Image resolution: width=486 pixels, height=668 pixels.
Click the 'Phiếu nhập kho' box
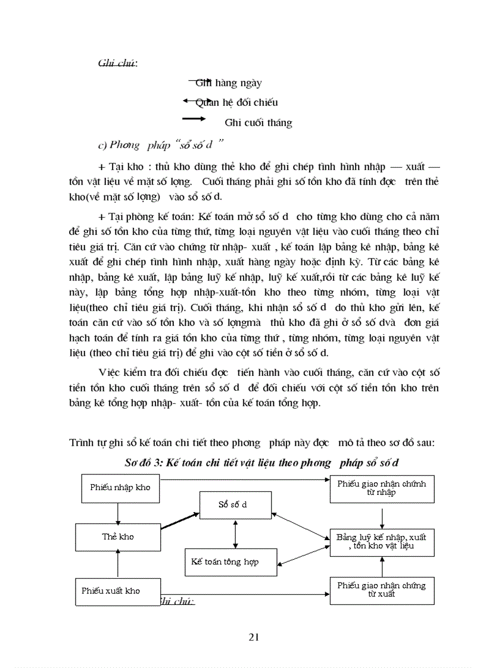(x=120, y=487)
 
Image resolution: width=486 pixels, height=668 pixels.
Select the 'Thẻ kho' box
(x=118, y=537)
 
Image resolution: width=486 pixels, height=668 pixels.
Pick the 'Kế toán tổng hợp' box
(x=231, y=562)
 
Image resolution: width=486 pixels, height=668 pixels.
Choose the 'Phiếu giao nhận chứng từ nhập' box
(x=382, y=488)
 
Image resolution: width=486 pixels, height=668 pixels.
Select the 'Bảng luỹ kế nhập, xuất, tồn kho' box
(x=382, y=542)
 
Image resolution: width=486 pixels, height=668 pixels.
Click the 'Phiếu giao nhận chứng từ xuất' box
(x=382, y=589)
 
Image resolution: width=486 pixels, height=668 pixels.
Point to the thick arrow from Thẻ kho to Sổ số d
(x=180, y=520)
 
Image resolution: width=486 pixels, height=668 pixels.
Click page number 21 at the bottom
(x=254, y=638)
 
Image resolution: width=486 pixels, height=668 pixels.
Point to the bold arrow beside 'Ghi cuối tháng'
(x=194, y=120)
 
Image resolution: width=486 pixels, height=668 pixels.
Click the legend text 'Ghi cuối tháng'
(x=258, y=123)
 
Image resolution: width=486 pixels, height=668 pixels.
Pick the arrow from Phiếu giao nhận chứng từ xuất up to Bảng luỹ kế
(x=381, y=566)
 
